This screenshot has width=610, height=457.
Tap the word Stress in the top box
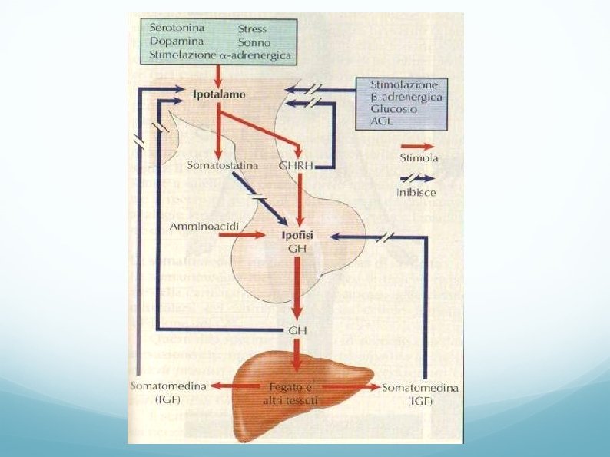(253, 29)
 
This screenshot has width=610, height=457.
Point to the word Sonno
(254, 42)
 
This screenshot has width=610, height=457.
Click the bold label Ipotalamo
(220, 94)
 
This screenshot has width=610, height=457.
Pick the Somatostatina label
(223, 166)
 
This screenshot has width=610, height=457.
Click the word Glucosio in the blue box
(394, 109)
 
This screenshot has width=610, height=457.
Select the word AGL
(383, 121)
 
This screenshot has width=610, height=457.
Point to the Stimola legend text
(419, 159)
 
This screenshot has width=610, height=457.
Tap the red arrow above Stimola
(417, 145)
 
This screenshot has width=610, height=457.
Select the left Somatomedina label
(169, 387)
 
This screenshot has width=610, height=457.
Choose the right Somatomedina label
(420, 388)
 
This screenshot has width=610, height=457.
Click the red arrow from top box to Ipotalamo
(218, 75)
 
